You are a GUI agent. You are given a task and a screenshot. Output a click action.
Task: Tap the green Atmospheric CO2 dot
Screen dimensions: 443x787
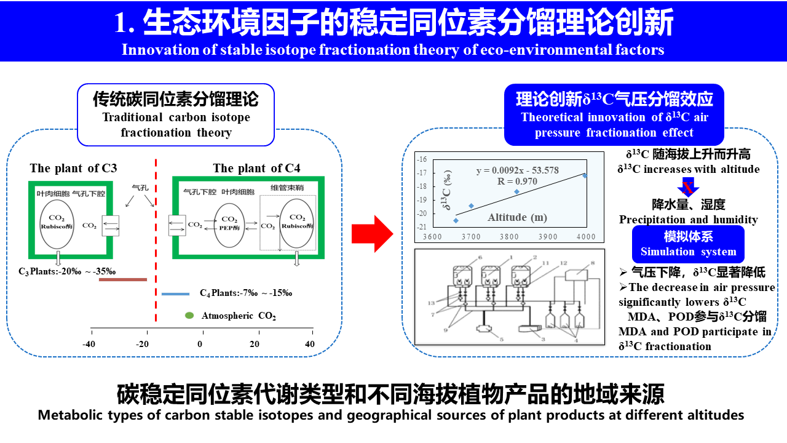click(189, 316)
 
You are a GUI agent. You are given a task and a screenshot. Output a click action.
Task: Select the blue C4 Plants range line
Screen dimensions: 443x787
click(175, 294)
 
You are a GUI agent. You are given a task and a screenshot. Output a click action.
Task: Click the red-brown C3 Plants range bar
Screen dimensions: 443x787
click(123, 279)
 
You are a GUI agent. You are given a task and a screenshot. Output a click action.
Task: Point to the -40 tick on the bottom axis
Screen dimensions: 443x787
click(90, 344)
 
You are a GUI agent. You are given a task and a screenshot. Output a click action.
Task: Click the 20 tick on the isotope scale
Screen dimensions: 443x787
click(255, 344)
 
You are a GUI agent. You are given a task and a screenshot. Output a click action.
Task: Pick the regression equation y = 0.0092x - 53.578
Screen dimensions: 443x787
click(517, 170)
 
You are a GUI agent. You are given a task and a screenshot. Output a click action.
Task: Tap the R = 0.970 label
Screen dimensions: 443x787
click(517, 182)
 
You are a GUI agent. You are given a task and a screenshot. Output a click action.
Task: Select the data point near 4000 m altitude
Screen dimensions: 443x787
click(585, 176)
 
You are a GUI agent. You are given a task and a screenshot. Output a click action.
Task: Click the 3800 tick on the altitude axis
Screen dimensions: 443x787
click(508, 237)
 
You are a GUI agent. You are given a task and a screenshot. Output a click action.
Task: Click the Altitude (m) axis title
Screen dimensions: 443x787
click(517, 217)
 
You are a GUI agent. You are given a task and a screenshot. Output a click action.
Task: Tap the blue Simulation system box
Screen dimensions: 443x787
click(688, 244)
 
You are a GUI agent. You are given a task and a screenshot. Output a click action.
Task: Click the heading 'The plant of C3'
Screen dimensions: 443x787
click(73, 168)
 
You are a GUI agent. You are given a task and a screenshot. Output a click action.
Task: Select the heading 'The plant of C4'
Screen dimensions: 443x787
click(256, 168)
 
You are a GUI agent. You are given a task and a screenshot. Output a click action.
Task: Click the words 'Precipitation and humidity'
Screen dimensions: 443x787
click(688, 220)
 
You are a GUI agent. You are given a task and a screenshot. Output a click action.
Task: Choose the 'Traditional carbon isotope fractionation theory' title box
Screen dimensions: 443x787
click(176, 115)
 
